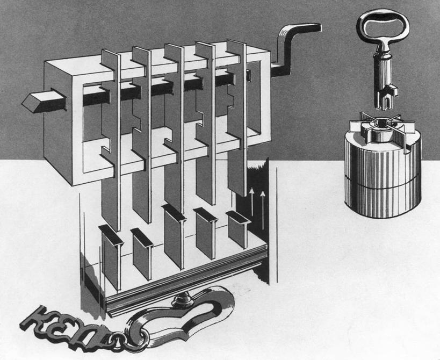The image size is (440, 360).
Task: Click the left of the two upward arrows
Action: [252, 204]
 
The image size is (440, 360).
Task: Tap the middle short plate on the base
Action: [175, 236]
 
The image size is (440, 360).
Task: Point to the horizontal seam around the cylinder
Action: [383, 184]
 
